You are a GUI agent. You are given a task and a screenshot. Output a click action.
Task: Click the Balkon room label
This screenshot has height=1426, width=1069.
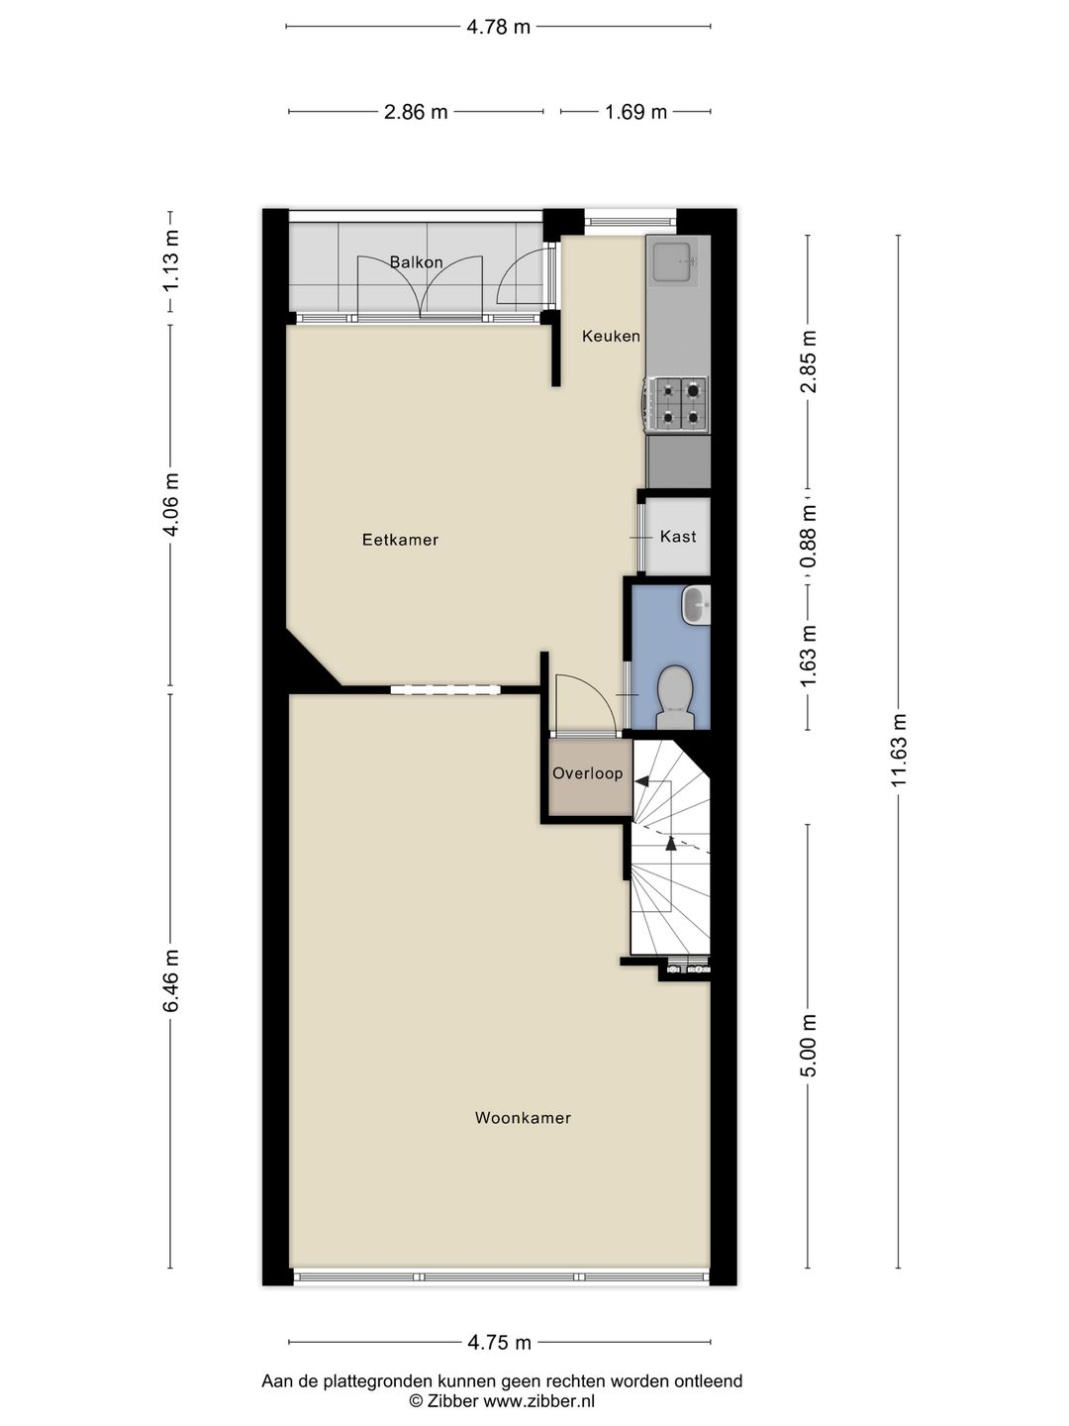point(416,262)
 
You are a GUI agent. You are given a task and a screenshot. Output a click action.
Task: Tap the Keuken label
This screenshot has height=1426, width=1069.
point(611,336)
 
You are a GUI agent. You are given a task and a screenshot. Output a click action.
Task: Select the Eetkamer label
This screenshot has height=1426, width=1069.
point(400,540)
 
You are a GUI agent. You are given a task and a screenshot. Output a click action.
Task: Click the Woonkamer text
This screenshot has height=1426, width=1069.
point(523,1118)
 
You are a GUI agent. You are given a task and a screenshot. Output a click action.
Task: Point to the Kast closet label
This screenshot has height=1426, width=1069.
point(678,536)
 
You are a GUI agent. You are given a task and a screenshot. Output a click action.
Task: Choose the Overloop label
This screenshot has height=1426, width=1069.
point(588,773)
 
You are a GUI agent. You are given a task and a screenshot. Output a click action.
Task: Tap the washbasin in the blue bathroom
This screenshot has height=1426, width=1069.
point(697,604)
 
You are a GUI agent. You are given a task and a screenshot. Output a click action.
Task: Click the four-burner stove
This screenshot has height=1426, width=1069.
point(678,404)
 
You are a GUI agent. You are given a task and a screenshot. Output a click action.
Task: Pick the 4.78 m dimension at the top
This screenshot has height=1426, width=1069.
point(499,27)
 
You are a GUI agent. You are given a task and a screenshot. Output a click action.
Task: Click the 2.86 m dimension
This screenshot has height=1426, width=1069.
point(416,112)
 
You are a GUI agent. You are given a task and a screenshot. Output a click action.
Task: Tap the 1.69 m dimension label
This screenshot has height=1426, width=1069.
point(635,112)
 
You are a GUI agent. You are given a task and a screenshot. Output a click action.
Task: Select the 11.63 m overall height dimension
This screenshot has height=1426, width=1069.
point(899,750)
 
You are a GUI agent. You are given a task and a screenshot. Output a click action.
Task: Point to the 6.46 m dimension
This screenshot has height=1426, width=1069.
point(171,980)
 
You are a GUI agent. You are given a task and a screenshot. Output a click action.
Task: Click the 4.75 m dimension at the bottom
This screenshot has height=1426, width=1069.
point(499,1343)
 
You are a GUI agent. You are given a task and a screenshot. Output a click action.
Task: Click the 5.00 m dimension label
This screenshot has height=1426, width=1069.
point(809,1045)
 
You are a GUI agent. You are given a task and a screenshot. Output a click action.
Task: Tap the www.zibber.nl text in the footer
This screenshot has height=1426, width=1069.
point(538,1401)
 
